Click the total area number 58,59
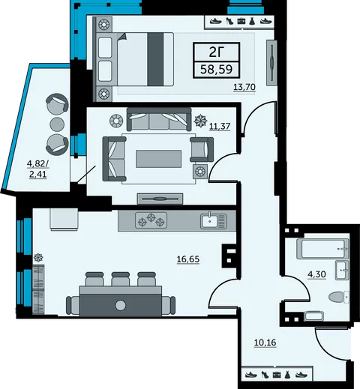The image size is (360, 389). point(217,69)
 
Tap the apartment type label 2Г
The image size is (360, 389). point(216,52)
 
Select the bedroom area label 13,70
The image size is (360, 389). point(244,87)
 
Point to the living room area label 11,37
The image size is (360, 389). point(220,127)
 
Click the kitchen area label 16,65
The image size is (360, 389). point(188,259)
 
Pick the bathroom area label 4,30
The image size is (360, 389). point(316,274)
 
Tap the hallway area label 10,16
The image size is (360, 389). point(265,343)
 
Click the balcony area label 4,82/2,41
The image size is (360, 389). point(38,169)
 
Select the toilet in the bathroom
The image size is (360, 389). point(338,297)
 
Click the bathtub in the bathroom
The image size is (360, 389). point(322,249)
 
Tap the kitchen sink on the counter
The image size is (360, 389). point(213,220)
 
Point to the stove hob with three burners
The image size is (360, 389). point(151,220)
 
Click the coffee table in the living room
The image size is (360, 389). point(158,159)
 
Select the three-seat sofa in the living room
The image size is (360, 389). point(159,119)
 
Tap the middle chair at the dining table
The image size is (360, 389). point(120,279)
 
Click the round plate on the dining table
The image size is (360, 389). point(121,305)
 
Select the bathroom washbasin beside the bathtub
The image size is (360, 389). point(342,270)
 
